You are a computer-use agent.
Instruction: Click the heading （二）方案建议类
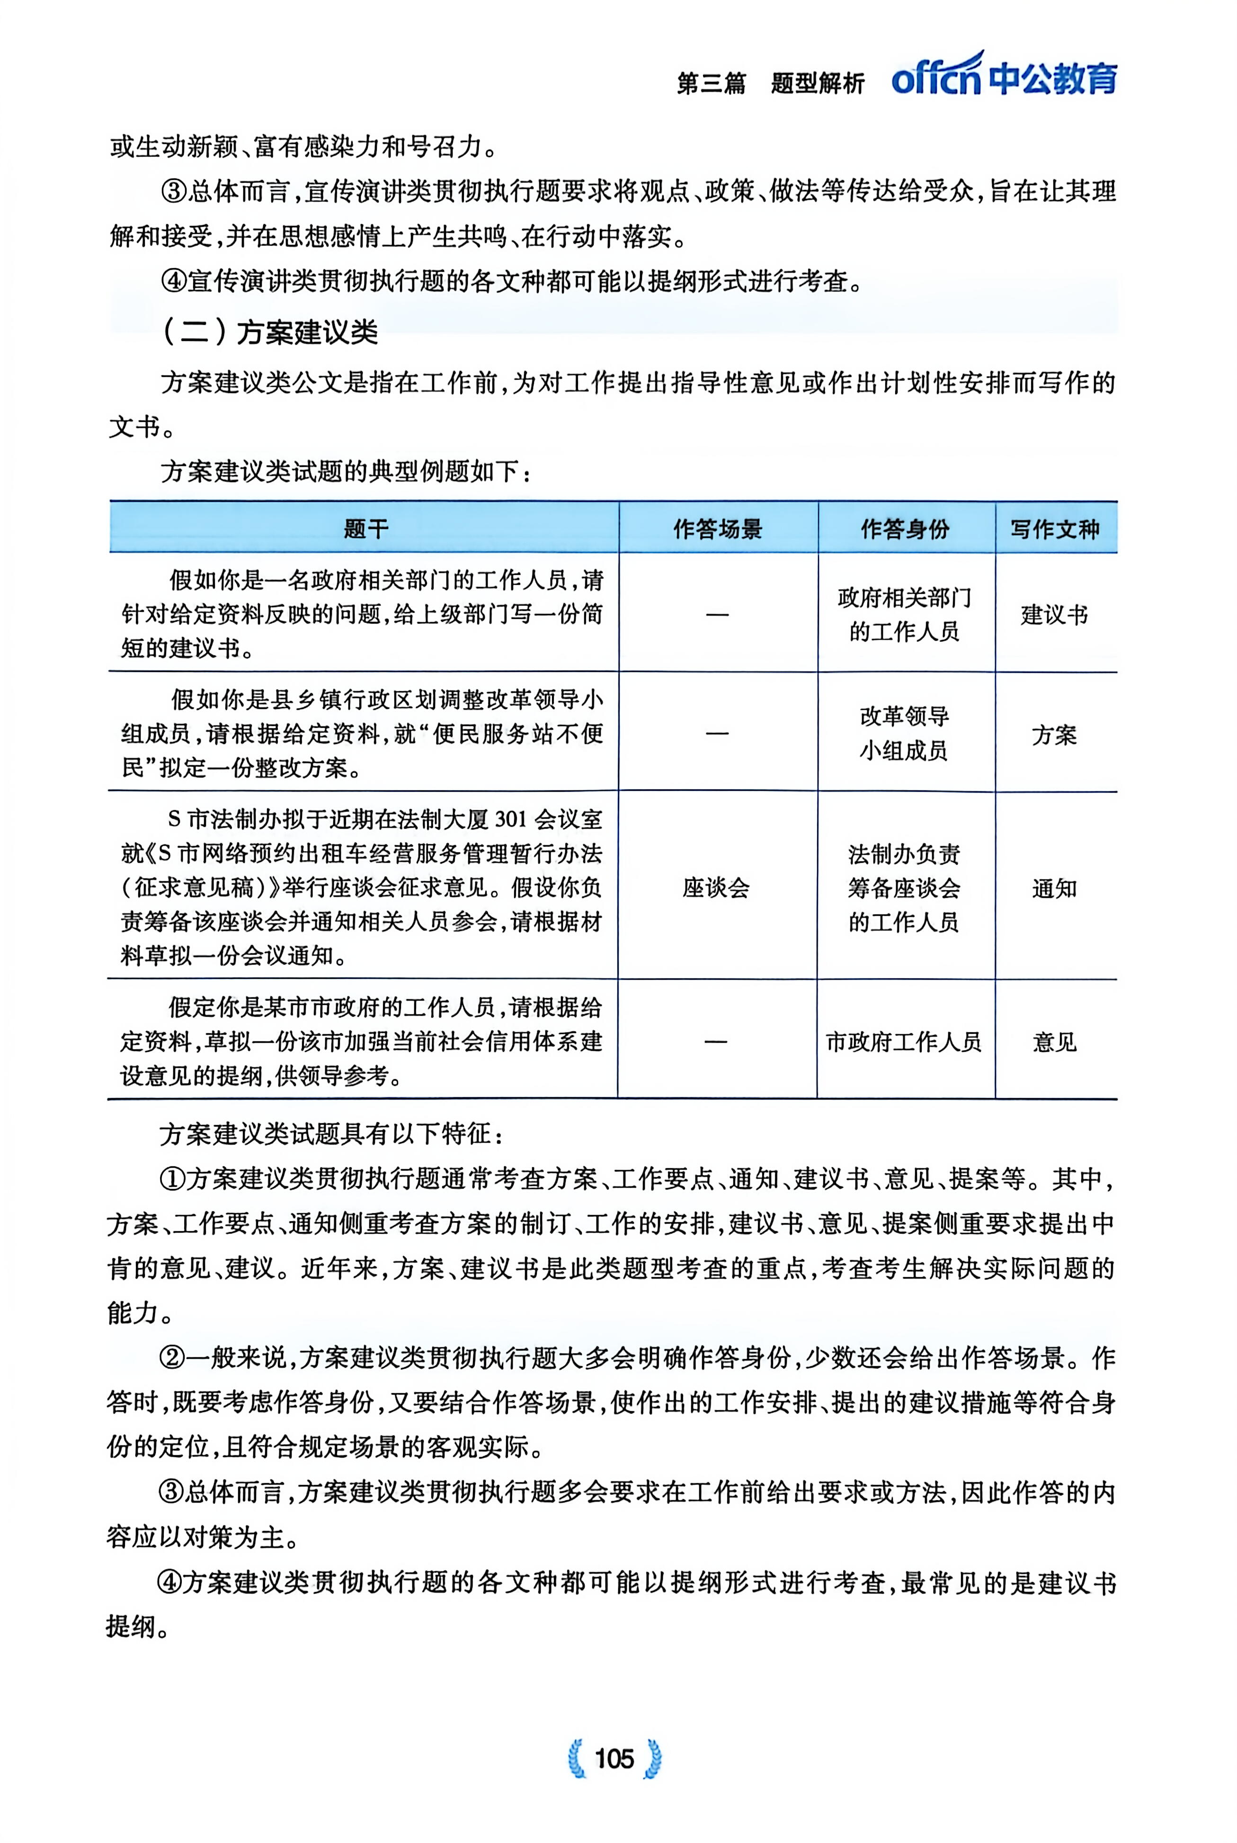click(270, 331)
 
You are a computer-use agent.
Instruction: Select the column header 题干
click(365, 528)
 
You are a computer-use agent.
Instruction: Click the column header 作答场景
click(718, 528)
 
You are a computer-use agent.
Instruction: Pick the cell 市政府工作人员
click(904, 1042)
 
